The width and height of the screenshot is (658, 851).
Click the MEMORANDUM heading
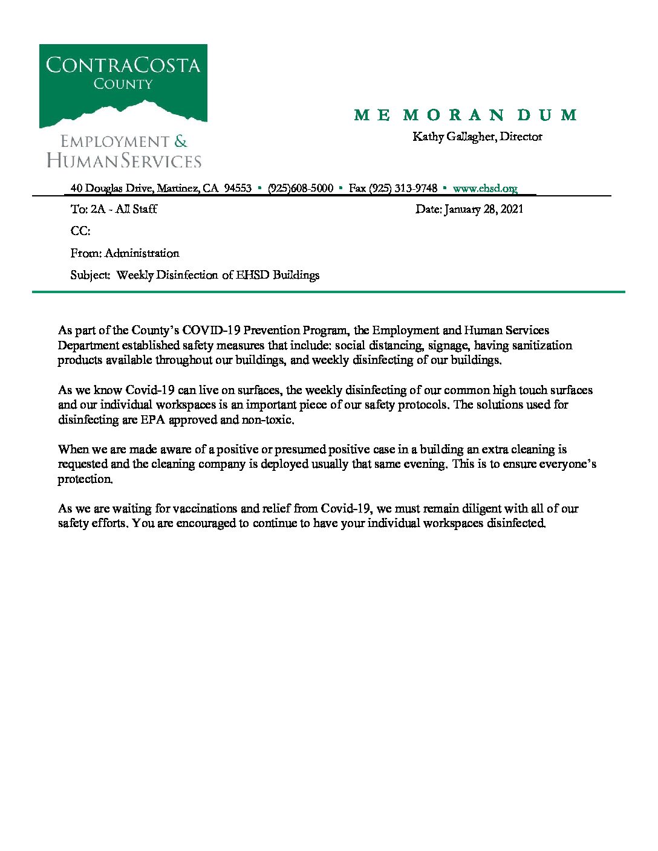pyautogui.click(x=465, y=115)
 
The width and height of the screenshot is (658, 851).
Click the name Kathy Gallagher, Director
pyautogui.click(x=477, y=137)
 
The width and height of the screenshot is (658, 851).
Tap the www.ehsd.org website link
pyautogui.click(x=484, y=189)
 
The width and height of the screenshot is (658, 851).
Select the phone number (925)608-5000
pyautogui.click(x=301, y=189)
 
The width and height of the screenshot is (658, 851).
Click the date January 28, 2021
pyautogui.click(x=483, y=209)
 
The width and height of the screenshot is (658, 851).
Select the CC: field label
pyautogui.click(x=80, y=231)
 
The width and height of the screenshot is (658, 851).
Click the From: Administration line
pyautogui.click(x=125, y=253)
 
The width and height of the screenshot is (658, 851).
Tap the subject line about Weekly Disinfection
pyautogui.click(x=195, y=275)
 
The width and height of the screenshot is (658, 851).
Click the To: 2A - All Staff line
pyautogui.click(x=114, y=209)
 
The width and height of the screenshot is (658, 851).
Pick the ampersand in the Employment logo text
pyautogui.click(x=181, y=142)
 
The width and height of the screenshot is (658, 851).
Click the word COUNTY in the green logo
pyautogui.click(x=123, y=84)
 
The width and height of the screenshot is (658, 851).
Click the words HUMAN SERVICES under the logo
pyautogui.click(x=124, y=161)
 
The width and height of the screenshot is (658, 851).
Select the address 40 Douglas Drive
pyautogui.click(x=111, y=189)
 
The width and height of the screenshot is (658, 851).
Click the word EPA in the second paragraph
pyautogui.click(x=152, y=420)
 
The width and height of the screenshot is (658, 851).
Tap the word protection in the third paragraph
pyautogui.click(x=85, y=479)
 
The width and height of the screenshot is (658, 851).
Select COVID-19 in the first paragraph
pyautogui.click(x=211, y=331)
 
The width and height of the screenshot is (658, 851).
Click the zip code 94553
pyautogui.click(x=238, y=189)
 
